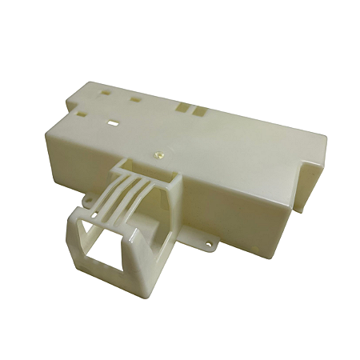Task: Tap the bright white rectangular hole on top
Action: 112,125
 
